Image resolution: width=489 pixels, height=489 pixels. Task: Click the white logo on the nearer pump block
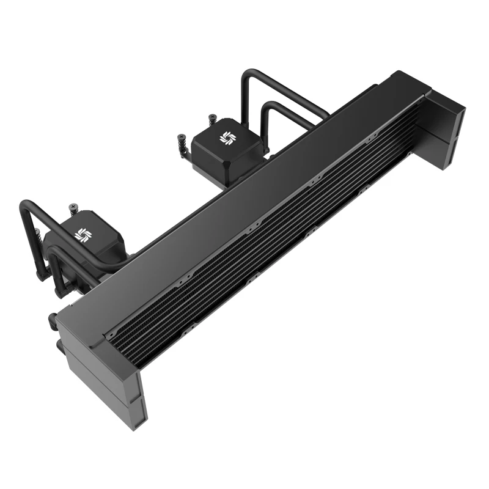click(82, 234)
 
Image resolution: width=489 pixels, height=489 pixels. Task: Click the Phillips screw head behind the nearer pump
click(75, 207)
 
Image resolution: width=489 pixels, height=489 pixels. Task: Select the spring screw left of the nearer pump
click(41, 235)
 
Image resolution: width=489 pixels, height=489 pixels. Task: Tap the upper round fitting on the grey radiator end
click(51, 318)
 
